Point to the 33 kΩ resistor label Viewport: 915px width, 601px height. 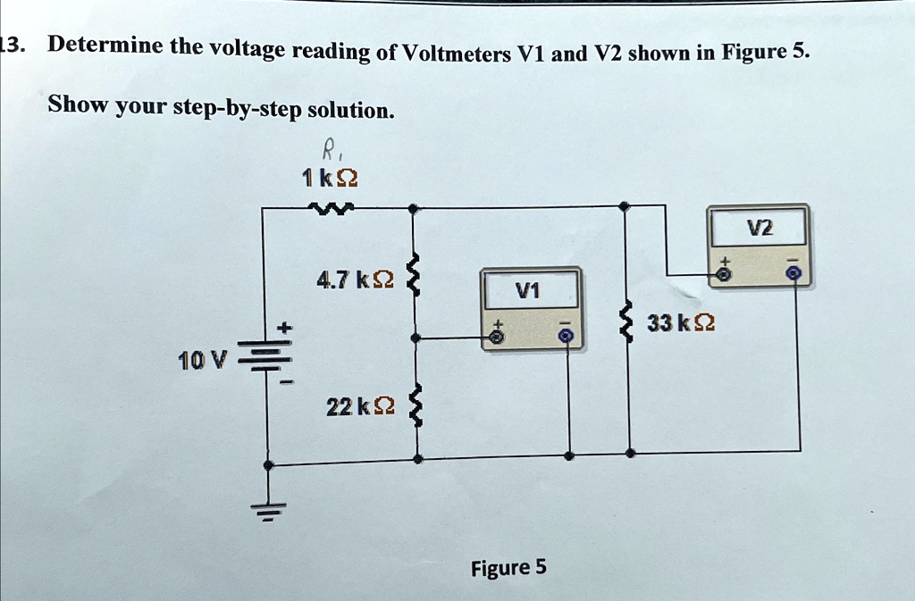click(x=682, y=322)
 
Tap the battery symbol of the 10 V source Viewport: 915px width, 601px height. click(x=266, y=362)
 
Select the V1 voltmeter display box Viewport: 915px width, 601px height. click(x=530, y=290)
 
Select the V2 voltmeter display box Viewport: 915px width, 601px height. click(x=757, y=228)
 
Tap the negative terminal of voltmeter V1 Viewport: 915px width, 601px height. click(x=563, y=337)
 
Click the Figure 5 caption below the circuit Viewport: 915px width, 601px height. click(x=508, y=568)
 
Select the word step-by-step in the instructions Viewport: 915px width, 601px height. click(x=236, y=108)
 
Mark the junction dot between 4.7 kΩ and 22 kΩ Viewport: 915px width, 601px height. click(x=414, y=338)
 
